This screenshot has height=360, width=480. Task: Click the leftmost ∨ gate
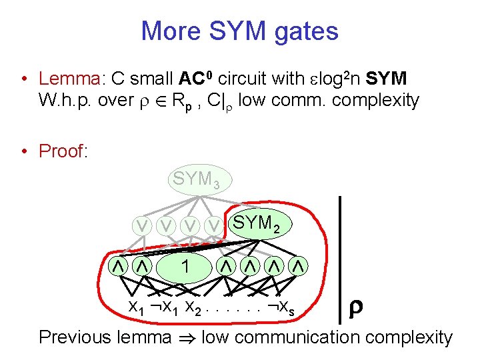[x=142, y=226]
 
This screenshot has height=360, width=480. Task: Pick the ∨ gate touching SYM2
[x=213, y=226]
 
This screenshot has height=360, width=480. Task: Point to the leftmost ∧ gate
[x=119, y=267]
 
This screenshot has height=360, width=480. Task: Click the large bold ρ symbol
[x=355, y=307]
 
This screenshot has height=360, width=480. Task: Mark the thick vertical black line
[x=340, y=259]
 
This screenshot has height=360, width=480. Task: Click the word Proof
[x=63, y=151]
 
